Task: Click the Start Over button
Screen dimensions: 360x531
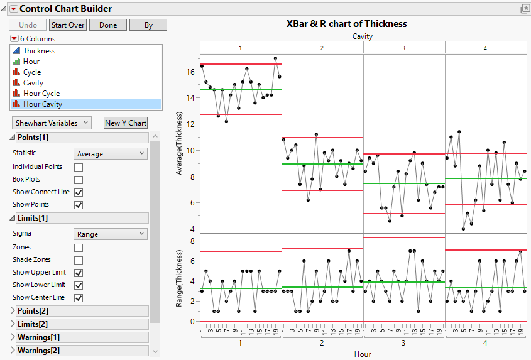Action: click(x=68, y=25)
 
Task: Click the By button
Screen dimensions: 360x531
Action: click(x=148, y=25)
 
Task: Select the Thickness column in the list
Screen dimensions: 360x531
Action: click(x=39, y=51)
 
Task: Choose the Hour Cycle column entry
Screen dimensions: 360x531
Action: click(x=41, y=94)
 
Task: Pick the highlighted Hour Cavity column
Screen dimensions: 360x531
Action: click(x=43, y=104)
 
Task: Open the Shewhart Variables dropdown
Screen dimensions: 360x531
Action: click(x=52, y=123)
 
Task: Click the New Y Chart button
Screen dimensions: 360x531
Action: click(x=126, y=123)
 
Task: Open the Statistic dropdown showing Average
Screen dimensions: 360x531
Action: click(x=111, y=153)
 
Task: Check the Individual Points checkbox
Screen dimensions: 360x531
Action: click(x=79, y=167)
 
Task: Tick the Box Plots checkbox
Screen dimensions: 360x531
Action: click(x=79, y=180)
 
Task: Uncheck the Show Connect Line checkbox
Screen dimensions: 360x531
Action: click(x=79, y=192)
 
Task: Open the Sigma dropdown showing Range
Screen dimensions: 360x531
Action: click(x=111, y=234)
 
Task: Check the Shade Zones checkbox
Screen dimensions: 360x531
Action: click(x=79, y=260)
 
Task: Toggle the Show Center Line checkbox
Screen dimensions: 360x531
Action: click(x=79, y=298)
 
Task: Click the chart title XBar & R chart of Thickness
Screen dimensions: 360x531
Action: click(x=346, y=24)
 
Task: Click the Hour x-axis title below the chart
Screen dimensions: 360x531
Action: click(x=363, y=354)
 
